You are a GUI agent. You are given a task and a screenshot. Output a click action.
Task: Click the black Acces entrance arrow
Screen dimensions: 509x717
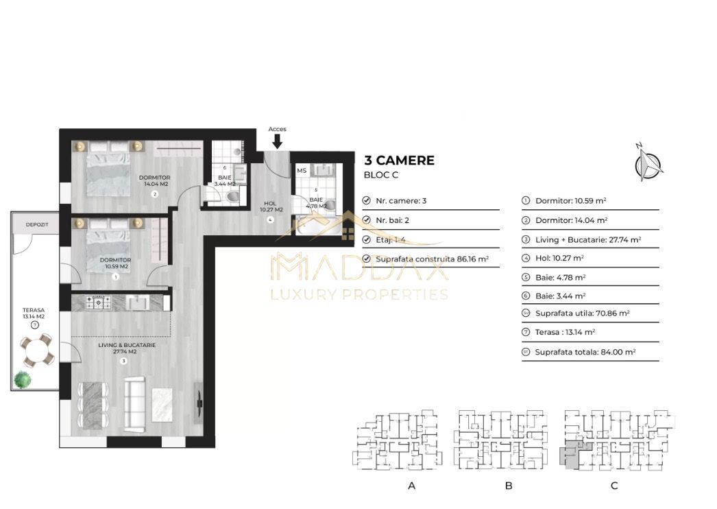coord(277,141)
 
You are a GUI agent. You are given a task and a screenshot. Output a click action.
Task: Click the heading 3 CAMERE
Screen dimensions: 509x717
coord(398,161)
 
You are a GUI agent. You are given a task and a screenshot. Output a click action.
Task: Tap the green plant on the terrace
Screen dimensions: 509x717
coord(23,378)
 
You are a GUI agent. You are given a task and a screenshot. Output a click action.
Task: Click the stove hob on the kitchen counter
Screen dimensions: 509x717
coord(99,301)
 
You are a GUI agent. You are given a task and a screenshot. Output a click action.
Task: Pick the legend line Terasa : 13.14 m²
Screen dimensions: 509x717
coord(565,332)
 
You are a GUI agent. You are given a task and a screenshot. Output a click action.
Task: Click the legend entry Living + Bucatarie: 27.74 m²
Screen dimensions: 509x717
coord(587,240)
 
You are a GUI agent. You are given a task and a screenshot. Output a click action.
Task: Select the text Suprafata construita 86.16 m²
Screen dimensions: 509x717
coord(432,259)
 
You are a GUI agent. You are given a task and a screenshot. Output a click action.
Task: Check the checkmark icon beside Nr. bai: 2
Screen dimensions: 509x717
coord(366,221)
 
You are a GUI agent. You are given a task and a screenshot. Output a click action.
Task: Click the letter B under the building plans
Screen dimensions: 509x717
coord(509,486)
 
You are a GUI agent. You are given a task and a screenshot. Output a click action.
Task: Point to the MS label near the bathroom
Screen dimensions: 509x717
coord(302,170)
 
